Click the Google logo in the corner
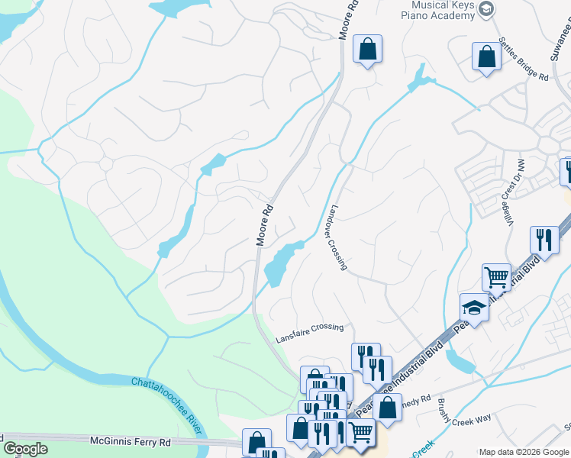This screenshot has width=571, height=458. point(25,449)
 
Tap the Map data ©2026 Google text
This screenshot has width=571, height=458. point(524,452)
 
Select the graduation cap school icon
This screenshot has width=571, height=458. point(474,308)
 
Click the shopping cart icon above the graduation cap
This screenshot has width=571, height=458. point(496,277)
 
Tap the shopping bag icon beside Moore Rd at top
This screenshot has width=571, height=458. point(367,49)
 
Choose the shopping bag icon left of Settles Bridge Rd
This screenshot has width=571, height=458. point(486,56)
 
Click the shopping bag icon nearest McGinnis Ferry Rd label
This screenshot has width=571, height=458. point(256,441)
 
